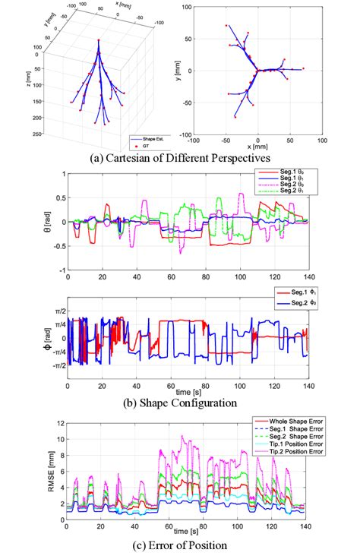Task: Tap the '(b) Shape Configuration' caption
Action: [x=180, y=402]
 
